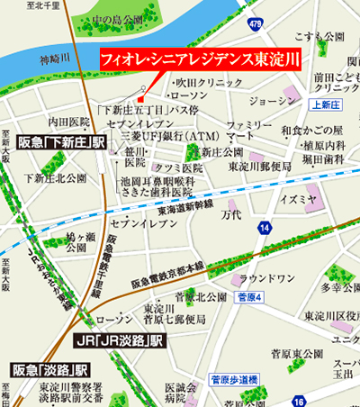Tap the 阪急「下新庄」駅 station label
(x=61, y=143)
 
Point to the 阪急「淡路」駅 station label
(x=49, y=369)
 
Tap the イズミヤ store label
(x=298, y=197)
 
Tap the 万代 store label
(x=231, y=216)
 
